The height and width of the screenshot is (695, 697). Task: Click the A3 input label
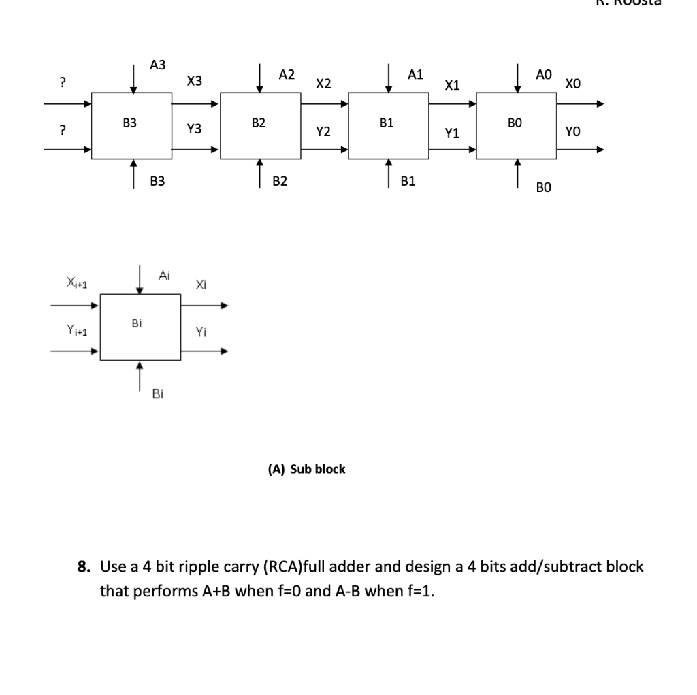point(157,65)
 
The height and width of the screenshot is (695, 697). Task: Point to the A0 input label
point(544,74)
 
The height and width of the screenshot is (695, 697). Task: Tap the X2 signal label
point(323,84)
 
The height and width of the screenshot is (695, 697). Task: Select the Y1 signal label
point(452,134)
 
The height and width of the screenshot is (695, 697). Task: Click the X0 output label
point(573,84)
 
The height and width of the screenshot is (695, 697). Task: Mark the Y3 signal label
point(195,128)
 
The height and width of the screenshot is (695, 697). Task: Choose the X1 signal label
point(452,86)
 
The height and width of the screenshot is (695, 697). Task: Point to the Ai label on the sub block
point(163,275)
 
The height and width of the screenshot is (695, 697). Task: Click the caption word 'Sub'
point(300,469)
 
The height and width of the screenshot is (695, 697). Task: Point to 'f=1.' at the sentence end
point(419,590)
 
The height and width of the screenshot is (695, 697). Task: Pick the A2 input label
point(287,74)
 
